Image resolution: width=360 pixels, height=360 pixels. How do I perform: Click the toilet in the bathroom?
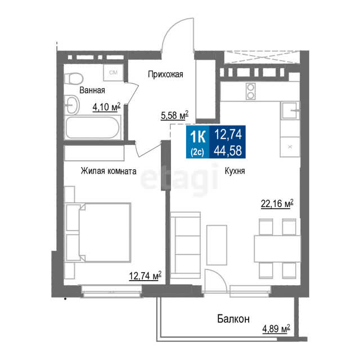click(x=74, y=79)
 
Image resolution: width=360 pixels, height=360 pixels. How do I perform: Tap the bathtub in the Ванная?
click(x=92, y=128)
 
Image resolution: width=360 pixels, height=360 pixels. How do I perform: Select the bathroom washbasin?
click(x=72, y=105)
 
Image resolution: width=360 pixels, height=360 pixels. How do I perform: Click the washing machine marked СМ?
click(x=114, y=73)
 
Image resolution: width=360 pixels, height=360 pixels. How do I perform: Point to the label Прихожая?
click(x=165, y=74)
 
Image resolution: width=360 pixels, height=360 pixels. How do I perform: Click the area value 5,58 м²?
click(x=175, y=115)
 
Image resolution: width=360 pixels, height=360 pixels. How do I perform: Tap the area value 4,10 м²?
click(x=106, y=107)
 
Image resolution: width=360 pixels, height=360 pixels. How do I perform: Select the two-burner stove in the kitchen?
click(x=250, y=91)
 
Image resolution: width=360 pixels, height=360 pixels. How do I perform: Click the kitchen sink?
click(x=290, y=110)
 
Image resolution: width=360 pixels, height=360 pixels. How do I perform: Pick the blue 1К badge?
click(x=197, y=142)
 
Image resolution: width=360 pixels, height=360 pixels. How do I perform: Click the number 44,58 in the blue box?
click(x=228, y=151)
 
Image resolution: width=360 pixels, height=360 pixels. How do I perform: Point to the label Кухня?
click(x=235, y=171)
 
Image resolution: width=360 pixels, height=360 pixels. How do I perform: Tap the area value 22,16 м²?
click(x=277, y=204)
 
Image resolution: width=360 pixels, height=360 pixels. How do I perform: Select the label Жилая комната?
click(x=109, y=171)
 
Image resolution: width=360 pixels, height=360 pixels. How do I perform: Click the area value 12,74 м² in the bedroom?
click(x=145, y=276)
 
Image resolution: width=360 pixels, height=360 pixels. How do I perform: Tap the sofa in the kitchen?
click(x=186, y=245)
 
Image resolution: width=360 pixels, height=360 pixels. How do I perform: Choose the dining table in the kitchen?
click(x=277, y=249)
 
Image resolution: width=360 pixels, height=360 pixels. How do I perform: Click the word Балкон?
click(x=233, y=319)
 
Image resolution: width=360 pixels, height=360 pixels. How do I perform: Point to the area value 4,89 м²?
click(x=276, y=328)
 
